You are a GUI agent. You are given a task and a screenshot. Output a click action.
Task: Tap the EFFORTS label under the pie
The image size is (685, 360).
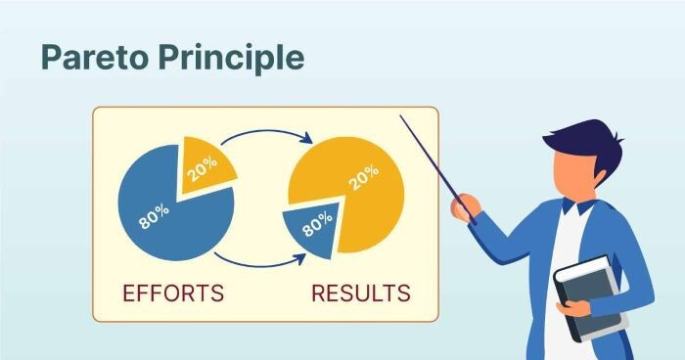pos(172,292)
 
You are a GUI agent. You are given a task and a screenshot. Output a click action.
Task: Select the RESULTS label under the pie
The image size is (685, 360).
pos(361,292)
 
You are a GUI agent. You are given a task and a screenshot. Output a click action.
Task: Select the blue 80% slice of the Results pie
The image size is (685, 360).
pos(312,229)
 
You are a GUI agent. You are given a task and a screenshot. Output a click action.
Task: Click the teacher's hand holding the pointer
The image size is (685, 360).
pos(464,204)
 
